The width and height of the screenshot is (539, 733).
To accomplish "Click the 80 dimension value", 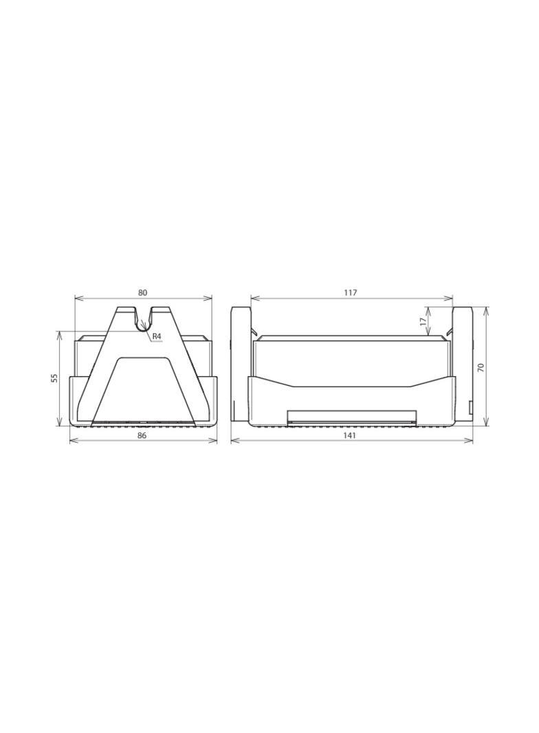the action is click(142, 293).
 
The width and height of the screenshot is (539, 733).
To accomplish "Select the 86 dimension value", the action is click(142, 435).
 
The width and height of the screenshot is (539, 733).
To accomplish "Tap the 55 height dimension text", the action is click(54, 378).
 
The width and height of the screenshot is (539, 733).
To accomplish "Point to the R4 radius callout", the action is click(157, 336).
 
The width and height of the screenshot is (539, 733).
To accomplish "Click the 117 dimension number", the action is click(350, 293).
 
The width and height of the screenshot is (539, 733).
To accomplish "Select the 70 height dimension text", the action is click(481, 366).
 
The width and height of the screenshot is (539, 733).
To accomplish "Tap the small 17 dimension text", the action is click(423, 322).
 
